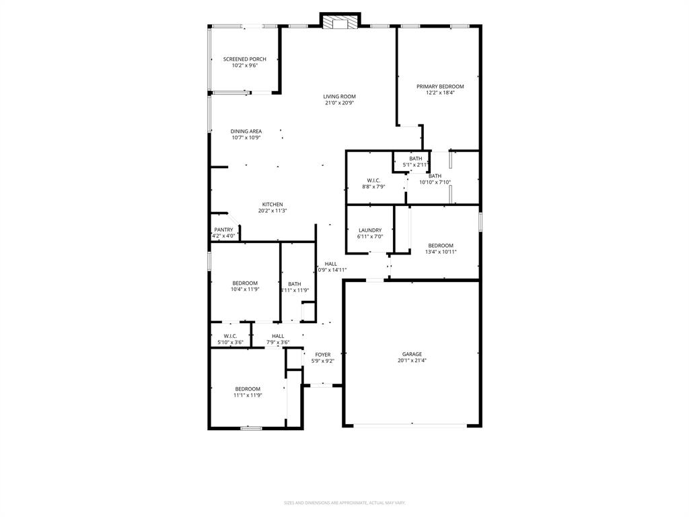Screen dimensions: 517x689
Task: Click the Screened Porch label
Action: (x=244, y=59)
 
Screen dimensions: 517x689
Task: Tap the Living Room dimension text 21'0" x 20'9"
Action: (x=339, y=103)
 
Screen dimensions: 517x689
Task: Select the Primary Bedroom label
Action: (x=440, y=86)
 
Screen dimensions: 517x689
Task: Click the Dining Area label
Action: (x=246, y=131)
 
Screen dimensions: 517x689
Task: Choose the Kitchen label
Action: (x=273, y=205)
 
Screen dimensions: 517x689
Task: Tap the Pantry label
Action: (x=223, y=230)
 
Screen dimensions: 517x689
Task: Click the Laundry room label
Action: (x=370, y=230)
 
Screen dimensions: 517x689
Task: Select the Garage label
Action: (x=412, y=354)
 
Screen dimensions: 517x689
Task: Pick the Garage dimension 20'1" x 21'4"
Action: (x=412, y=361)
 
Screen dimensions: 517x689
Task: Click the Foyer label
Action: (x=323, y=355)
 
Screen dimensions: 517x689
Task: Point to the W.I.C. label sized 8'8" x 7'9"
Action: (x=373, y=180)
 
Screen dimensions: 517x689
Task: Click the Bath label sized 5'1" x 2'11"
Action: (x=416, y=159)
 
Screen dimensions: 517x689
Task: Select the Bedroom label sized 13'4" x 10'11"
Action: (x=441, y=246)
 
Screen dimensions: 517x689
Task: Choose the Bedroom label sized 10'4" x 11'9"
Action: (x=245, y=283)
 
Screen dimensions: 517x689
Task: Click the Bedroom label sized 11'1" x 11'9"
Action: (x=248, y=389)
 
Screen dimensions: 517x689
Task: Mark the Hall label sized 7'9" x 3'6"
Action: (x=278, y=336)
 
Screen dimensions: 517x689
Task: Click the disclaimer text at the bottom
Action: (x=344, y=503)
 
